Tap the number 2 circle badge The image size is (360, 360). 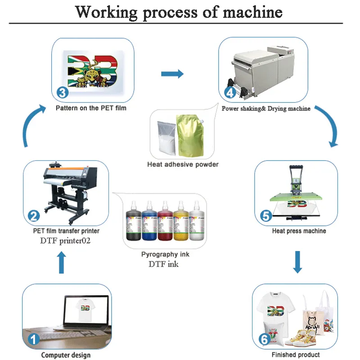click(x=34, y=216)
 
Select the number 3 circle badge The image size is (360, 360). click(x=63, y=93)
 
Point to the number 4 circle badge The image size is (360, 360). click(x=230, y=93)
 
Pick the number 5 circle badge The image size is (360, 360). click(x=266, y=216)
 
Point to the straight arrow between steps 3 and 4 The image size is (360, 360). click(x=172, y=74)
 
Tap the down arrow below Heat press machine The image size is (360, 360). click(x=297, y=262)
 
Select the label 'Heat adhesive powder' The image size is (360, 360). click(x=183, y=165)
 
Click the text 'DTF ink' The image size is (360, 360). click(x=163, y=264)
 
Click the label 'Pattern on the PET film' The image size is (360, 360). click(x=91, y=108)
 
